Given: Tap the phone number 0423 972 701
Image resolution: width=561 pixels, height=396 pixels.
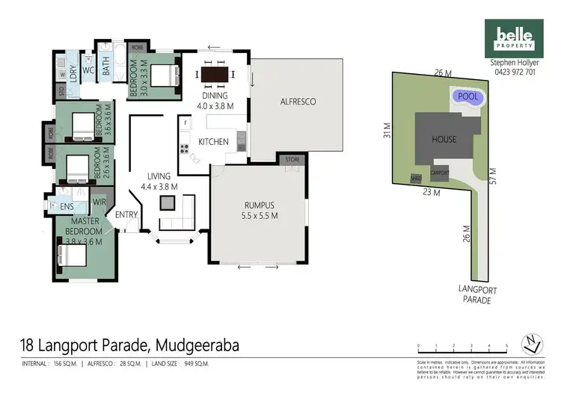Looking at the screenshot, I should point(513,73).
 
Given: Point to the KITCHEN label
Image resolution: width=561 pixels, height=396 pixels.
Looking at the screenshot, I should point(213,141).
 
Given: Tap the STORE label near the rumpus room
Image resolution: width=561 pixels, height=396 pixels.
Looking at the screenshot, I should point(291,159).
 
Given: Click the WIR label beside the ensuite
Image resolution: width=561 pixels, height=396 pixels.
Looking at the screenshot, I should point(97,202).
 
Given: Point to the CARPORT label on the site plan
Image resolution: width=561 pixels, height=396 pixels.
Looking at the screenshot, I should point(439,171).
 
